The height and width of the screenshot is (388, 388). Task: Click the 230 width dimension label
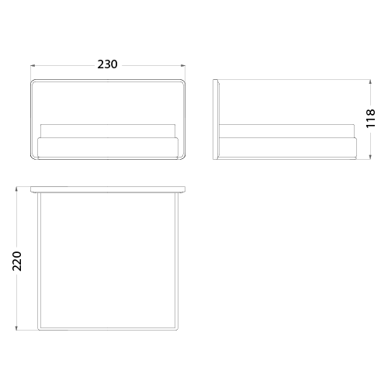(x=107, y=64)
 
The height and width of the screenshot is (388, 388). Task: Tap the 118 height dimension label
(x=371, y=118)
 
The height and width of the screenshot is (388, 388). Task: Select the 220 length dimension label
(x=17, y=261)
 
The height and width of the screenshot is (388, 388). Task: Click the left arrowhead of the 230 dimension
(x=33, y=66)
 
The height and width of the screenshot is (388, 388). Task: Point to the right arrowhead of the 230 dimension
(x=183, y=66)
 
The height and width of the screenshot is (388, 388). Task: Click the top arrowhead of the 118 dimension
(x=371, y=82)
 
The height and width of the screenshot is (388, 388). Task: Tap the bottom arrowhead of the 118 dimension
(x=371, y=157)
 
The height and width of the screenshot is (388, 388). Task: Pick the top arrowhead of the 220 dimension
(x=17, y=189)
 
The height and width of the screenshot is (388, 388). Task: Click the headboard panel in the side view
(x=216, y=120)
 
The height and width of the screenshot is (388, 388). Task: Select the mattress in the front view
(x=108, y=131)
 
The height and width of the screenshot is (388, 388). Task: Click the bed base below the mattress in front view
(x=108, y=147)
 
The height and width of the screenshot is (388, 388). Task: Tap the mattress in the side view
(x=286, y=131)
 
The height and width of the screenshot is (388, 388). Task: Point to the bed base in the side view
(x=288, y=147)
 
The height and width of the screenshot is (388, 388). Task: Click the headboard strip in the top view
(x=108, y=189)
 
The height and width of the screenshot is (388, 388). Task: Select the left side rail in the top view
(x=39, y=262)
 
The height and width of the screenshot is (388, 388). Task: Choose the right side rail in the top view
(x=177, y=262)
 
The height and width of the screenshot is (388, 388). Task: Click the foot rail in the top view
(x=108, y=329)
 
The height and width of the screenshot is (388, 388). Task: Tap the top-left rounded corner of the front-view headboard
(x=32, y=81)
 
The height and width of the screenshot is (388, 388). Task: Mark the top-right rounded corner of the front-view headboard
(x=184, y=81)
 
